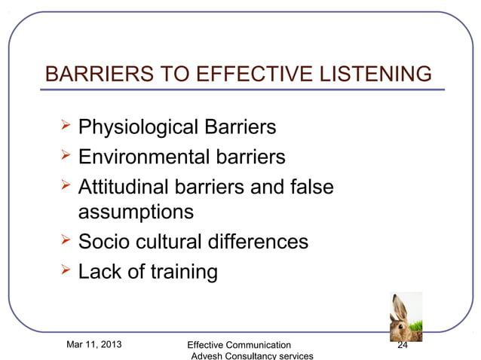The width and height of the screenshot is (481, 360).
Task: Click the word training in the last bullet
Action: point(181,271)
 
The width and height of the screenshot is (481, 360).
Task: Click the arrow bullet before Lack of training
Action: point(65,270)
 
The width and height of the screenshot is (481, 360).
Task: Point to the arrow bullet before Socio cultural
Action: point(65,241)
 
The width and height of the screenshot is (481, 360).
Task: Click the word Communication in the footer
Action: point(258,346)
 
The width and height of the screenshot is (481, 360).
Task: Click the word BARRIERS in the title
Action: point(91,75)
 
